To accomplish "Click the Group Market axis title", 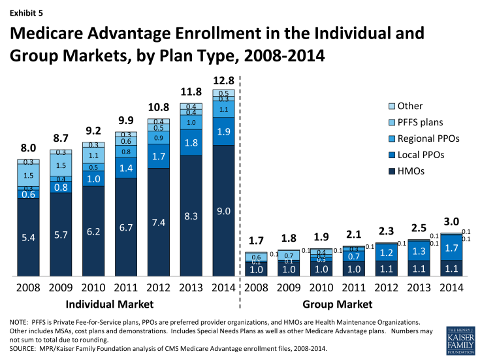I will [338, 304].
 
